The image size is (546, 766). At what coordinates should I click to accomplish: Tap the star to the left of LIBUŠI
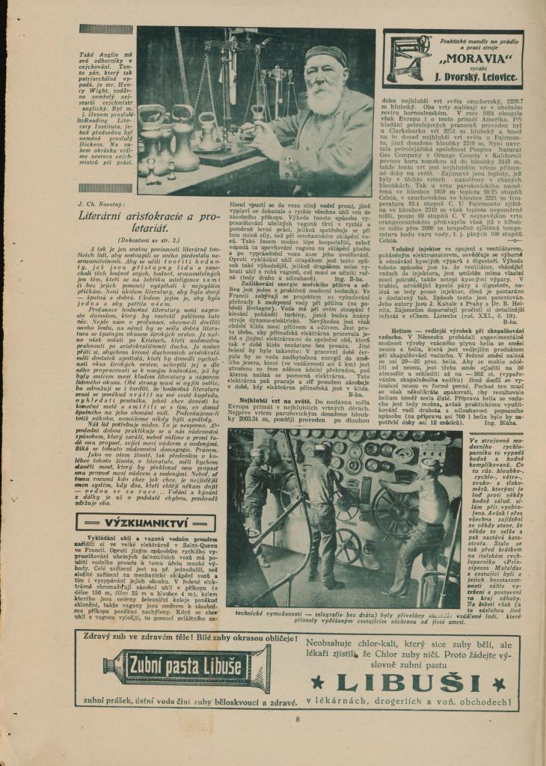[x=317, y=683]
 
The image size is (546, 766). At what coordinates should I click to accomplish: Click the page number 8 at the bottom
[x=297, y=720]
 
